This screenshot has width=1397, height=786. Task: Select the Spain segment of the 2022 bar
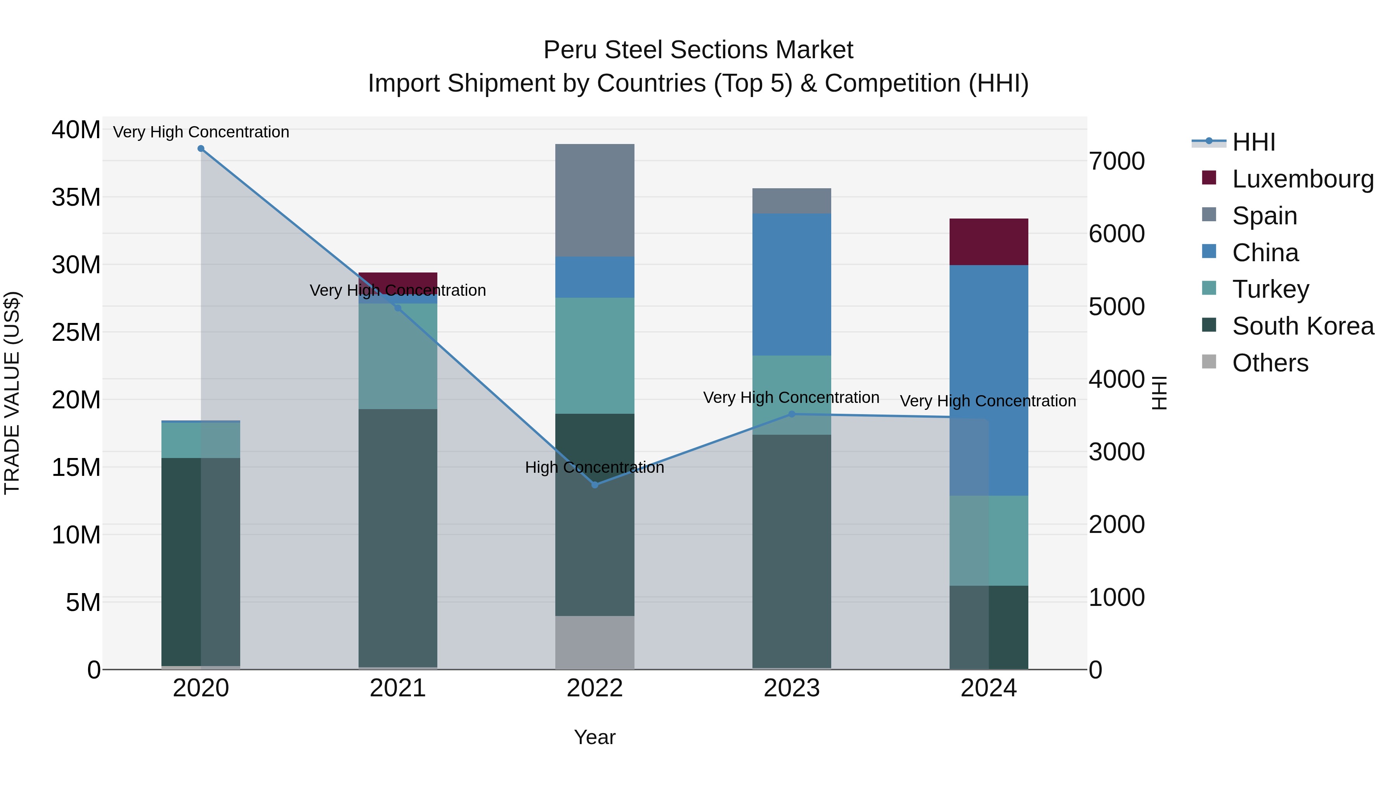(595, 200)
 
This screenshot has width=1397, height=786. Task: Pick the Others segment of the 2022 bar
(595, 642)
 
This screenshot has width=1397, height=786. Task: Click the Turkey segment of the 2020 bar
(201, 440)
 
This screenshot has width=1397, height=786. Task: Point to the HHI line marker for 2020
(201, 149)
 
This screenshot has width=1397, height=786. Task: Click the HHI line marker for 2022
(595, 485)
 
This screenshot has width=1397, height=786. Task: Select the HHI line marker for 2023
(791, 415)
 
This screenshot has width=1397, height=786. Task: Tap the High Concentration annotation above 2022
(595, 468)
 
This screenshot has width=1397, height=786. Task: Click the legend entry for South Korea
(1303, 326)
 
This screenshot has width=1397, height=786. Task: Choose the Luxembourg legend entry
(1303, 179)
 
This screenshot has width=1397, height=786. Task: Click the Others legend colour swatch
(1209, 362)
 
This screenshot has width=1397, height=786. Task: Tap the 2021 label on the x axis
(397, 688)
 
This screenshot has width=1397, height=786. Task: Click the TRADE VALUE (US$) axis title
(12, 393)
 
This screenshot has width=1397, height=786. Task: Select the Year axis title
(595, 737)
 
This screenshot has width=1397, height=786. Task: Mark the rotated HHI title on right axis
(1158, 393)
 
